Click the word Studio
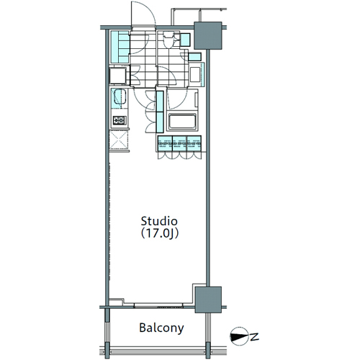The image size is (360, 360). click(159, 221)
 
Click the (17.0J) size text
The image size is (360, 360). click(160, 233)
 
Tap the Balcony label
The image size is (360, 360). click(161, 328)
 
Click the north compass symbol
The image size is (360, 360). click(239, 336)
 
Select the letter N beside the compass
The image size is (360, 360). click(255, 336)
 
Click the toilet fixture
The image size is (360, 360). click(168, 40)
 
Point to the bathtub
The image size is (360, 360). click(182, 121)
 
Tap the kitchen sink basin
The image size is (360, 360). click(120, 96)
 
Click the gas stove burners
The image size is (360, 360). click(120, 120)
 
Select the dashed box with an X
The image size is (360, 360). click(119, 140)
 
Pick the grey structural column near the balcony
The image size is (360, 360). click(208, 300)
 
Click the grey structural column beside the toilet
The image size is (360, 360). click(207, 35)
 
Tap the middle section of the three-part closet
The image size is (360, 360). click(179, 143)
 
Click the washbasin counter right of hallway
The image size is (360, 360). click(197, 74)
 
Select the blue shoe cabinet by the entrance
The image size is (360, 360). click(120, 47)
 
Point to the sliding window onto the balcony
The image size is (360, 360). click(158, 306)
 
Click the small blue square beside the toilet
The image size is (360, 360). click(185, 40)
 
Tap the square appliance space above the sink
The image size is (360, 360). click(118, 76)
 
